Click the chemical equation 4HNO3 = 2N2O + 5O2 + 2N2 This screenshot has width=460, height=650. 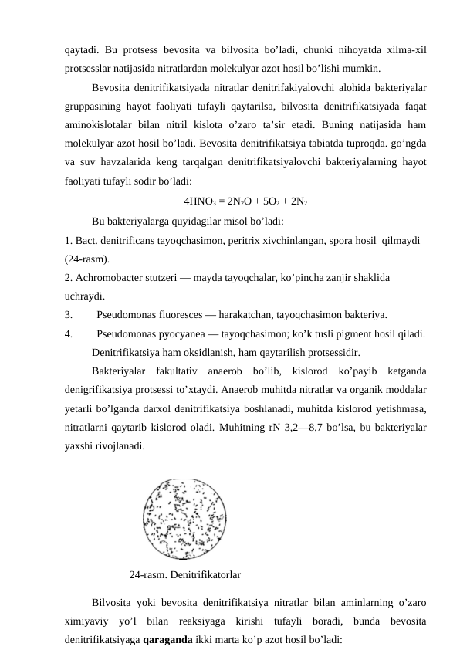[247, 203]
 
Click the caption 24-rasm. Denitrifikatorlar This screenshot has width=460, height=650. [185, 575]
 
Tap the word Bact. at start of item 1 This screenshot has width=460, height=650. [87, 240]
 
